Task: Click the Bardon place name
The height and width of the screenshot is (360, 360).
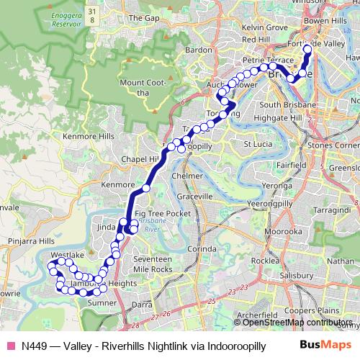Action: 199,50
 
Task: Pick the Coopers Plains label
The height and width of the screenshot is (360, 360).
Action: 306,310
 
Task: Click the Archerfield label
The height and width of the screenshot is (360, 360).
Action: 256,315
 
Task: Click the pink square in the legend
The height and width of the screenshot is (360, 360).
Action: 9,346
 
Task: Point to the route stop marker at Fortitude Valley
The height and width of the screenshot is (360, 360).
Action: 307,49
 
